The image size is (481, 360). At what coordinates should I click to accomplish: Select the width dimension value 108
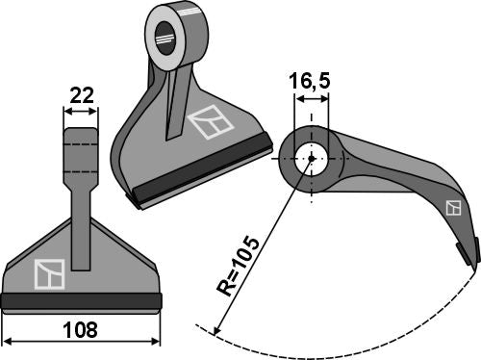coord(80,329)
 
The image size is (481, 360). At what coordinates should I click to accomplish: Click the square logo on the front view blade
coord(48,275)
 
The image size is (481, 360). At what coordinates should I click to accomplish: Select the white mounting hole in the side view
coord(311,158)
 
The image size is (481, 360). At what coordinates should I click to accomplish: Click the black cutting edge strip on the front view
coord(80,302)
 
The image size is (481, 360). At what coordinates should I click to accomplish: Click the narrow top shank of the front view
coord(80,154)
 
